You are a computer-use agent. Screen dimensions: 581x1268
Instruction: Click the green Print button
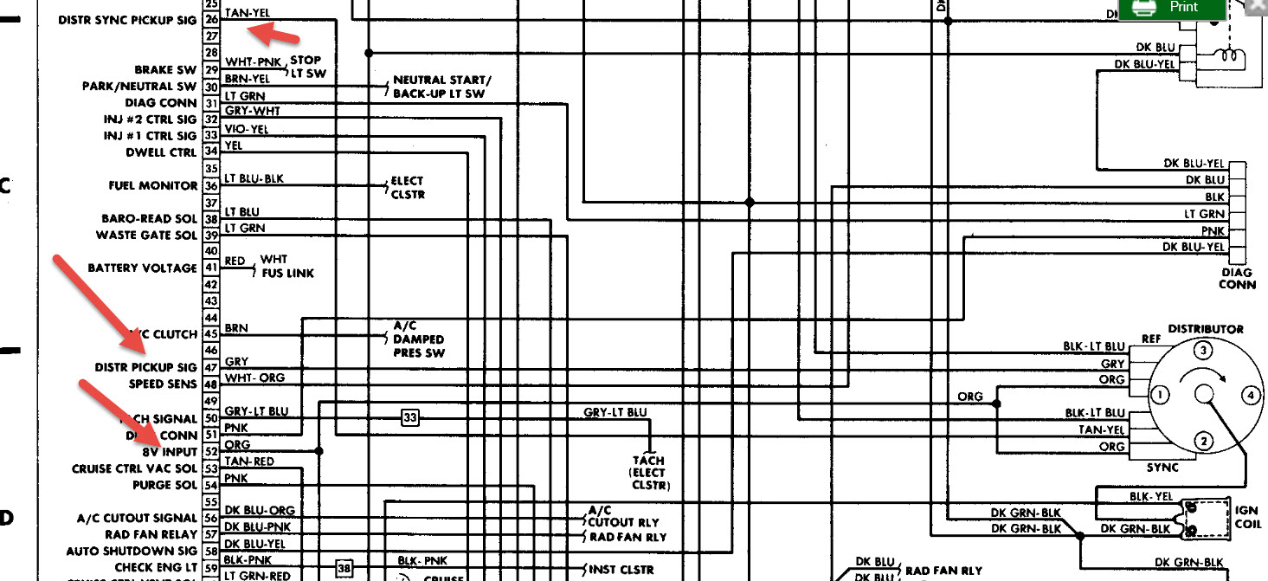pyautogui.click(x=1173, y=8)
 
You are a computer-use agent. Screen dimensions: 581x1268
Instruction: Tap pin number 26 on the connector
pyautogui.click(x=211, y=19)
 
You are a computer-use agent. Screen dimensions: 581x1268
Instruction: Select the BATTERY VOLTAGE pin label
pyautogui.click(x=142, y=268)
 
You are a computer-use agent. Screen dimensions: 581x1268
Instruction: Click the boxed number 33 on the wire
pyautogui.click(x=409, y=418)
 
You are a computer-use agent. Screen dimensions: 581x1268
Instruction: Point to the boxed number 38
pyautogui.click(x=345, y=569)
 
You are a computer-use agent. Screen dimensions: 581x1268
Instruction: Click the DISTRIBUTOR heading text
pyautogui.click(x=1206, y=329)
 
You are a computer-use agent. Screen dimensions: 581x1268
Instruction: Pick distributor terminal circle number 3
pyautogui.click(x=1202, y=351)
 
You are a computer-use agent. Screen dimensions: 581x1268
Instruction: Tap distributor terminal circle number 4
pyautogui.click(x=1249, y=396)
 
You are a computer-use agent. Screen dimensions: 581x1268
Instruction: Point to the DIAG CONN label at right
pyautogui.click(x=1237, y=279)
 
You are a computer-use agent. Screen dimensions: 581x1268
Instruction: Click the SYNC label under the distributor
pyautogui.click(x=1162, y=468)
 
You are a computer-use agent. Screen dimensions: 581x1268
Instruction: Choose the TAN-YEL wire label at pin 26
pyautogui.click(x=247, y=13)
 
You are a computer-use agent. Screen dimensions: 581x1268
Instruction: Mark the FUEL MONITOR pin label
pyautogui.click(x=153, y=186)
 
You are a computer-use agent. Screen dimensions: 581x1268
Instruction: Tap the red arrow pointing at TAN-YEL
pyautogui.click(x=272, y=35)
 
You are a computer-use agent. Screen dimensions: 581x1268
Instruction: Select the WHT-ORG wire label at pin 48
pyautogui.click(x=254, y=378)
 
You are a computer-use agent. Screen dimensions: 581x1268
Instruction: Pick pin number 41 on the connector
pyautogui.click(x=211, y=268)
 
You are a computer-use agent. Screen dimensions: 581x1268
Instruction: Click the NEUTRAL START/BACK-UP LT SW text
pyautogui.click(x=441, y=87)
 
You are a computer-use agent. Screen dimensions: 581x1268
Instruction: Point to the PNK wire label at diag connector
pyautogui.click(x=1213, y=231)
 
